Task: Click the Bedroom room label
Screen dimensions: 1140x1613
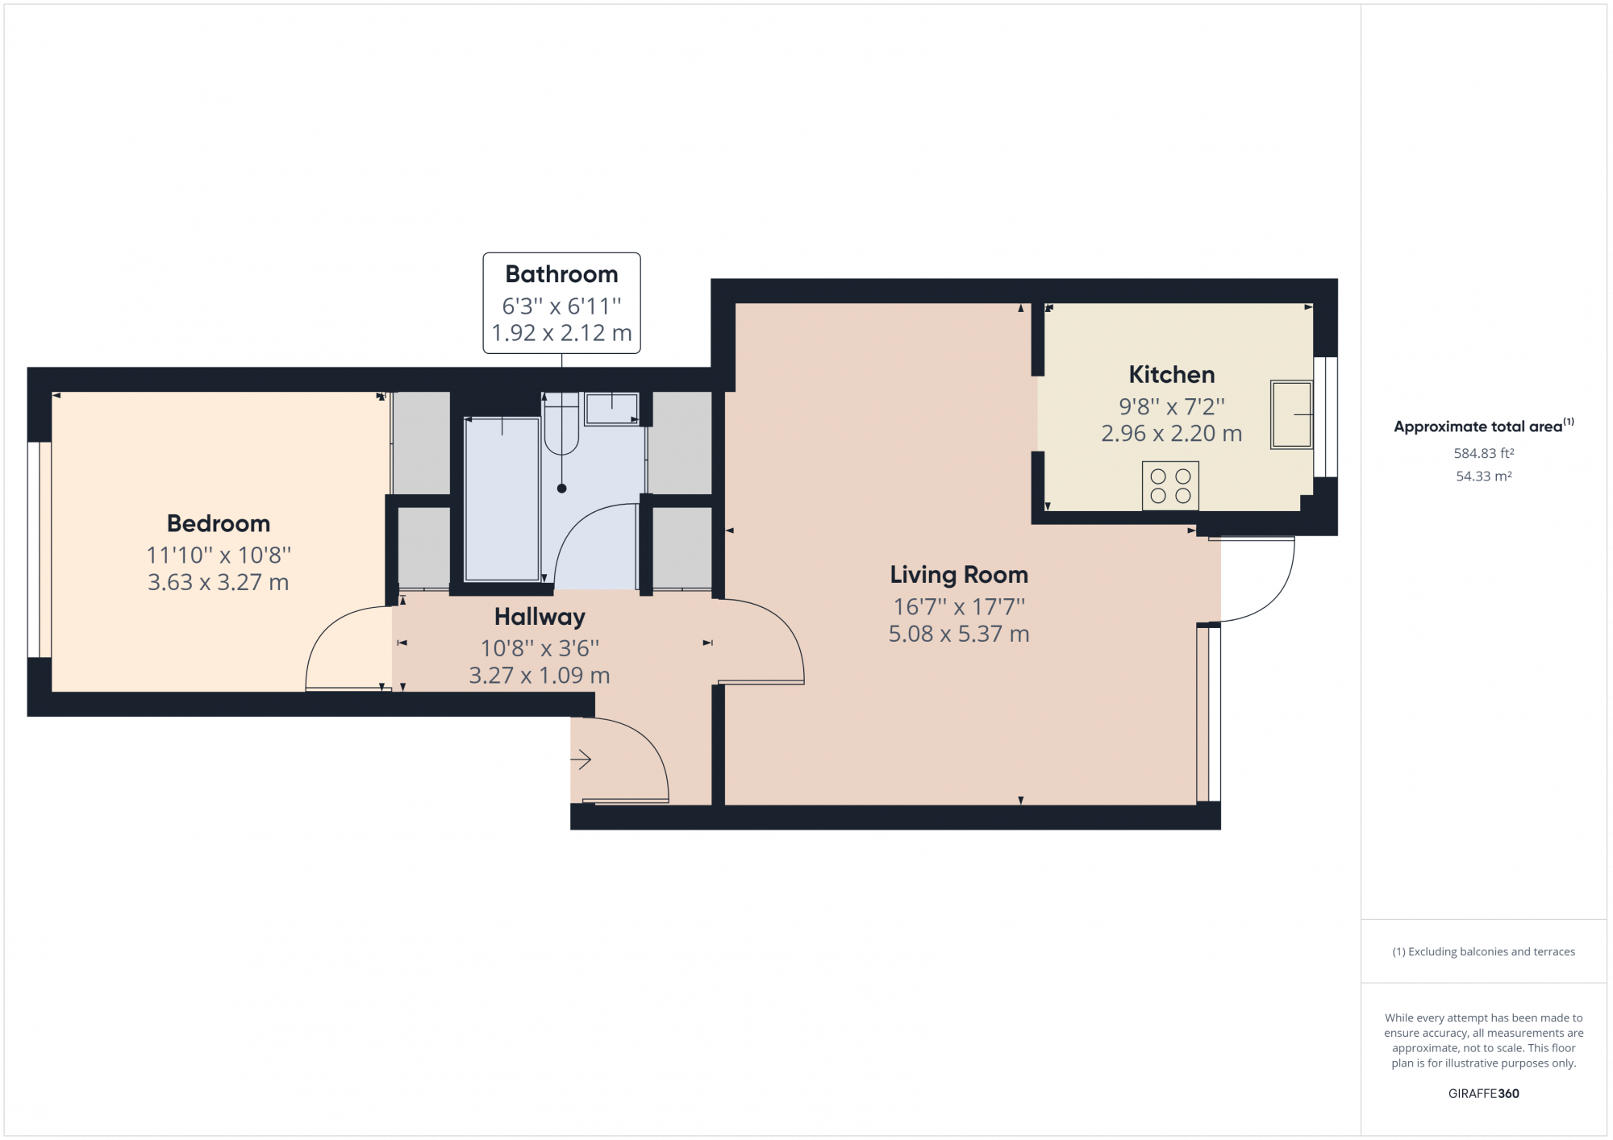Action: (x=219, y=523)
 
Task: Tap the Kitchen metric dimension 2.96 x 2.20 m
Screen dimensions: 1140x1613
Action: (x=1171, y=434)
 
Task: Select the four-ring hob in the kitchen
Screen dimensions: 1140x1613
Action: (x=1170, y=486)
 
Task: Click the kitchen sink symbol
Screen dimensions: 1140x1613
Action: (x=1290, y=414)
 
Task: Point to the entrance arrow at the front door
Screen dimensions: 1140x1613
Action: (x=581, y=759)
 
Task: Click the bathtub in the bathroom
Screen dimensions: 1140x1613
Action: (x=502, y=499)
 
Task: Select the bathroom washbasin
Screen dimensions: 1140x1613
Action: (x=611, y=409)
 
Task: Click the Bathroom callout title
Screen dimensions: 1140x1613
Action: (x=561, y=274)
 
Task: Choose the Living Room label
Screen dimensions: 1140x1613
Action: (x=959, y=575)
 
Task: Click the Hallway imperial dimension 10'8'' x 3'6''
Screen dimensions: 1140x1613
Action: (x=540, y=648)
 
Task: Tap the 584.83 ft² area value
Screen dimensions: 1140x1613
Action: (x=1483, y=454)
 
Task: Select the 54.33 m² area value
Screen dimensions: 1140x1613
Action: (x=1483, y=476)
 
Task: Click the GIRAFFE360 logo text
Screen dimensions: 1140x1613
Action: (x=1483, y=1094)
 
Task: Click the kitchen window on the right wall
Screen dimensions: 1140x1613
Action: (x=1325, y=417)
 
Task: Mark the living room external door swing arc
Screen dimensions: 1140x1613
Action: (x=1274, y=597)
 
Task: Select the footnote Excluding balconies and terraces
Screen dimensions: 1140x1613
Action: (x=1483, y=952)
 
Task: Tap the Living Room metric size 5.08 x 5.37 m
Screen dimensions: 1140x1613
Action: (x=959, y=634)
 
